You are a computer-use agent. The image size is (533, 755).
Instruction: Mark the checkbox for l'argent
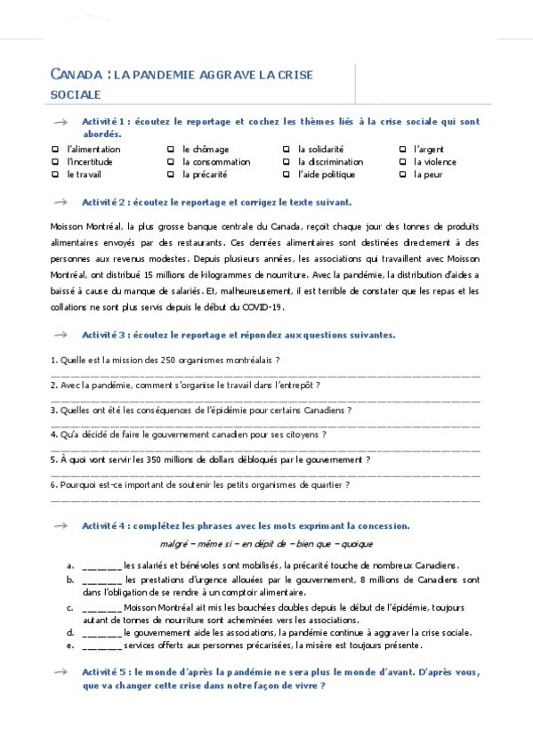point(402,150)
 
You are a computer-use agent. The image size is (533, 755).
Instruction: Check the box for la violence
point(402,162)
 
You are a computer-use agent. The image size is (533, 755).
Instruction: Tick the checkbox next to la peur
point(402,175)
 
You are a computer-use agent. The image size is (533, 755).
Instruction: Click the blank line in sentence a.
point(101,565)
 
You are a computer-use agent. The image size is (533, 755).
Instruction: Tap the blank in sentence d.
point(101,633)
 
